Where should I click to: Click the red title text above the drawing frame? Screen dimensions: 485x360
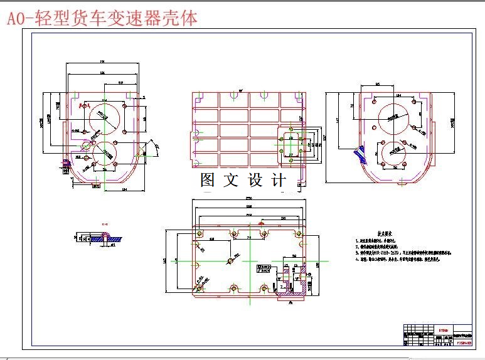102,18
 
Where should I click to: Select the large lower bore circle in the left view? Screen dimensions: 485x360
105,154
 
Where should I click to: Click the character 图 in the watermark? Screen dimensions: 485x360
208,181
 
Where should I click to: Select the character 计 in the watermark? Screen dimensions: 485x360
279,181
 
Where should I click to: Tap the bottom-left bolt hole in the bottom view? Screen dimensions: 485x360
199,289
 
